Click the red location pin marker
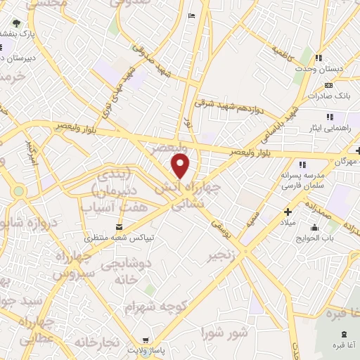181,167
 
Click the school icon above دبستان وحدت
319,58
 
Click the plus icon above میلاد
288,212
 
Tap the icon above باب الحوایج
314,228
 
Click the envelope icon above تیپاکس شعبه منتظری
118,226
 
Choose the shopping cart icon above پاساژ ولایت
145,338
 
